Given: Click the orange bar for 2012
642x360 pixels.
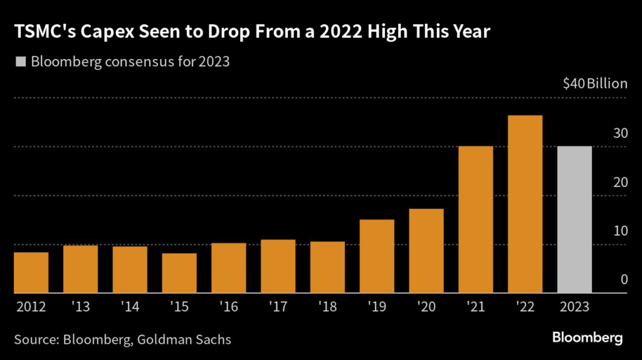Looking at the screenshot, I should pos(31,272).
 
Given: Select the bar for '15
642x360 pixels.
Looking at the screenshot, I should pos(179,273).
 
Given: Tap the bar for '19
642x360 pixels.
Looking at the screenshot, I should pos(377,256).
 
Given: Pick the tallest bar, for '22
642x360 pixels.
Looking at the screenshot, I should pos(525,204).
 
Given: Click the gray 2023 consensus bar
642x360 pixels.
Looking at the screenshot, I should pos(574,220).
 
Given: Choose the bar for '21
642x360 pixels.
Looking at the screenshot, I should pos(476,220).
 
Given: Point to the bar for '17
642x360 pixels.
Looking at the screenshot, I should pos(278,266).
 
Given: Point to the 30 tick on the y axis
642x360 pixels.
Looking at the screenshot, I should pos(620,133).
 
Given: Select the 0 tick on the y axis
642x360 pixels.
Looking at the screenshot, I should pos(624,279).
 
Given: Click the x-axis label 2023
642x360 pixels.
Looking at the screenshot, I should pos(574,307).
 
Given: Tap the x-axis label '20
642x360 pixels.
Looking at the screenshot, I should pos(426,307).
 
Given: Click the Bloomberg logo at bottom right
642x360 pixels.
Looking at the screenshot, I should pos(587,338).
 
